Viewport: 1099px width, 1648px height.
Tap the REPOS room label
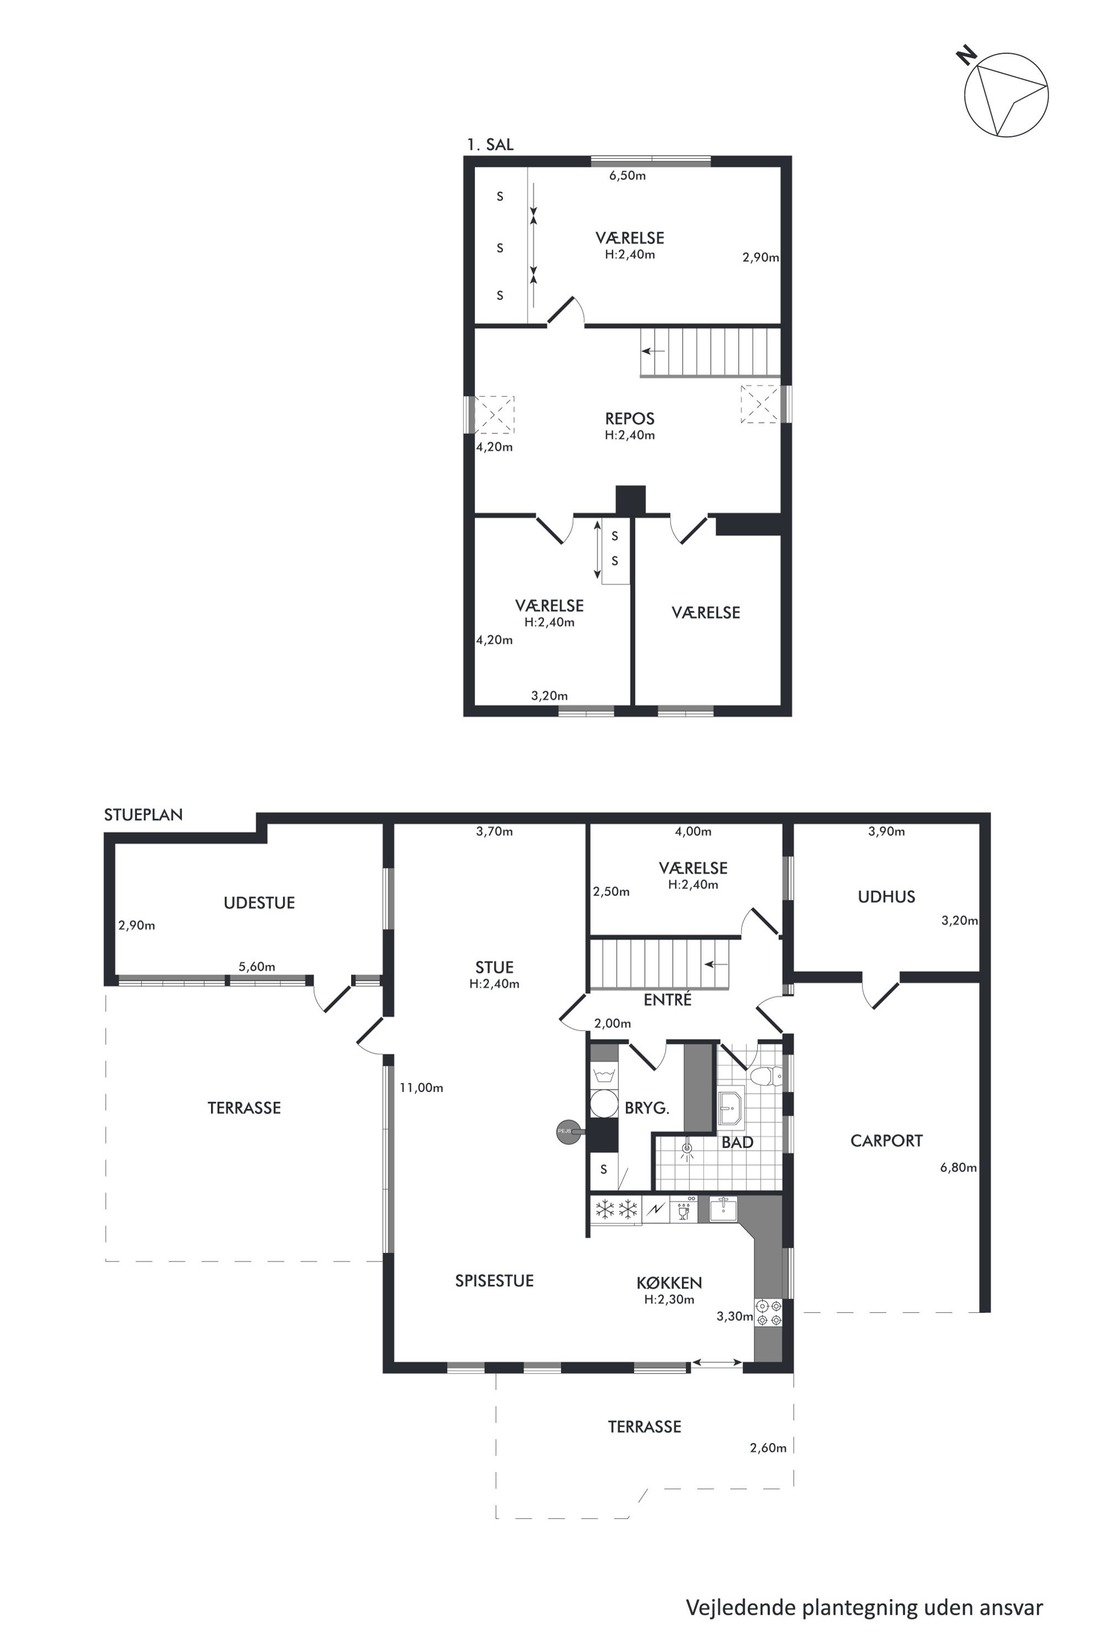629,418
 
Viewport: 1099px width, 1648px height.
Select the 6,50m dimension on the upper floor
627,175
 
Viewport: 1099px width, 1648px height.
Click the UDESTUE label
259,903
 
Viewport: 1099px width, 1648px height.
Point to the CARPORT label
886,1141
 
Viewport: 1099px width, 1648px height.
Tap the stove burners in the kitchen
768,1313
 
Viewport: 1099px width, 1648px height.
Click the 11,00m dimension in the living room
421,1088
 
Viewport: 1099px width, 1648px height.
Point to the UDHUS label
886,896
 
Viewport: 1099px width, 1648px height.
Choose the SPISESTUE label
494,1281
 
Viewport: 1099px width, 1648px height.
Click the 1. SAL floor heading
490,145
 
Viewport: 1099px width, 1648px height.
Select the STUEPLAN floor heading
143,814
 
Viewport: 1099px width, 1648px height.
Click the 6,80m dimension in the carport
958,1167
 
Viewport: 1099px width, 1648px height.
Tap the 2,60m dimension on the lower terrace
768,1448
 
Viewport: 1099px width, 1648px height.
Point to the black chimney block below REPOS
630,500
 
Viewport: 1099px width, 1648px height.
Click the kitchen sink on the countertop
723,1209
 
